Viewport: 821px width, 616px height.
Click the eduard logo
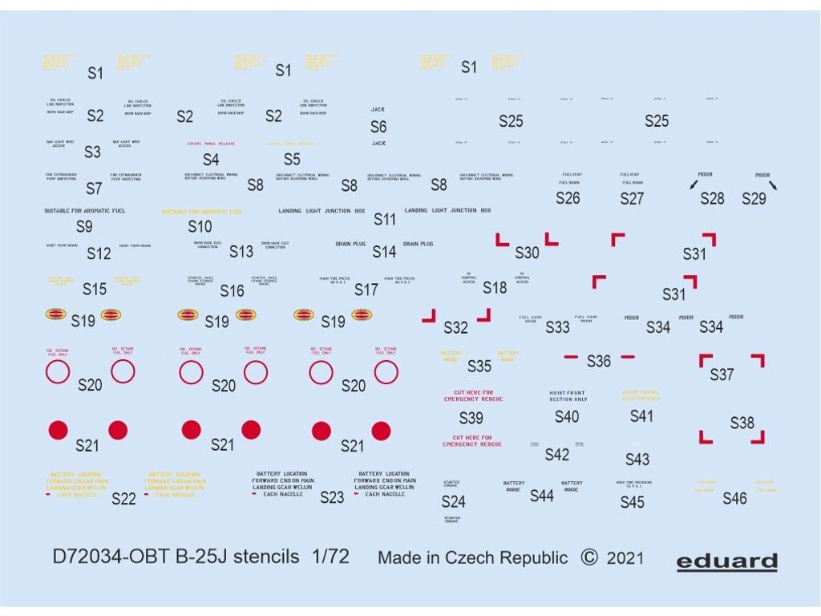(726, 561)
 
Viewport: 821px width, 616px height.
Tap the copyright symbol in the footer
(588, 557)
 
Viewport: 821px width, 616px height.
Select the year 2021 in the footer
(626, 558)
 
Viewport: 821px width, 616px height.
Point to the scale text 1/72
(330, 557)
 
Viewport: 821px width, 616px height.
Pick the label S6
(378, 127)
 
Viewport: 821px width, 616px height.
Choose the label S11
(385, 219)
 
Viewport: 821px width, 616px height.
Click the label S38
(742, 423)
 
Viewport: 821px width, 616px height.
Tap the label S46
(734, 498)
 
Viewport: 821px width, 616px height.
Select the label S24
(453, 502)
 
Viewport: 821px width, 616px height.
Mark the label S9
(84, 227)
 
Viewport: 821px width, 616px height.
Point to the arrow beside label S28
(692, 185)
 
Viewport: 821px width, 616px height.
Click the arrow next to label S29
(773, 185)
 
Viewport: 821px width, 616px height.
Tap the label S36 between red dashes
(599, 361)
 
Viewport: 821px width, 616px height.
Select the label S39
(471, 418)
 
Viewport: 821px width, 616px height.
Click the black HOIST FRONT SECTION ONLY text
(568, 396)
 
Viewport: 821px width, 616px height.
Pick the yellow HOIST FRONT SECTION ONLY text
(641, 395)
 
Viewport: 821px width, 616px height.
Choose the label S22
(123, 499)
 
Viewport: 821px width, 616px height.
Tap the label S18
(495, 288)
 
